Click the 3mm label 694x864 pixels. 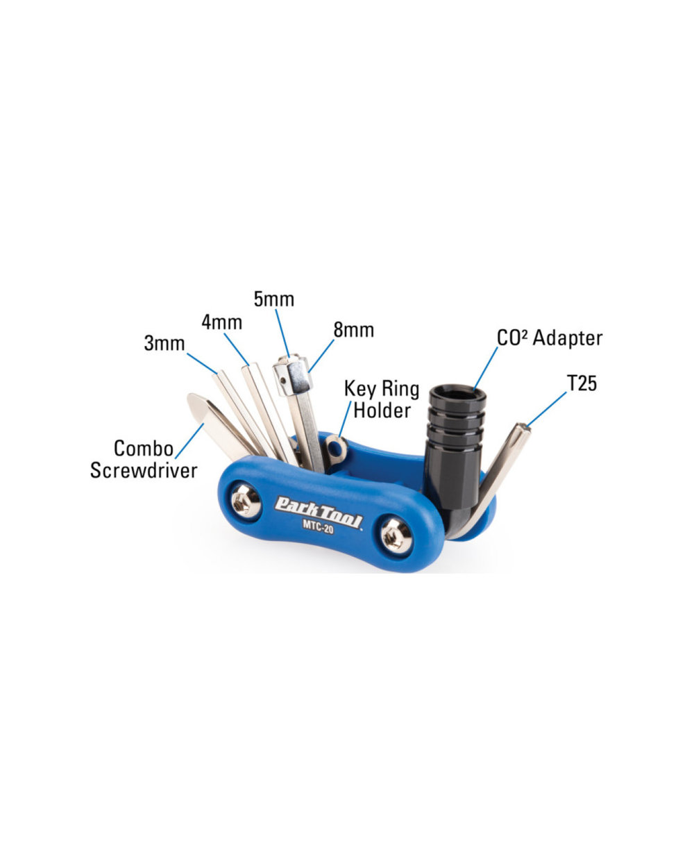tap(164, 343)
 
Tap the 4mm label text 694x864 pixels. tap(222, 322)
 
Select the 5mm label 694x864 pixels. tap(273, 299)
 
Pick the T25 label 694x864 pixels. tap(582, 383)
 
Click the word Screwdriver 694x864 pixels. tap(144, 470)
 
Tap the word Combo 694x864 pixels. tap(144, 448)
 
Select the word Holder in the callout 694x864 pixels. tap(382, 410)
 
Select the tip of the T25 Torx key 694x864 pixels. tap(523, 433)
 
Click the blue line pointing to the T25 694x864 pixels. tap(547, 410)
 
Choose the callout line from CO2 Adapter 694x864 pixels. tap(486, 368)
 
